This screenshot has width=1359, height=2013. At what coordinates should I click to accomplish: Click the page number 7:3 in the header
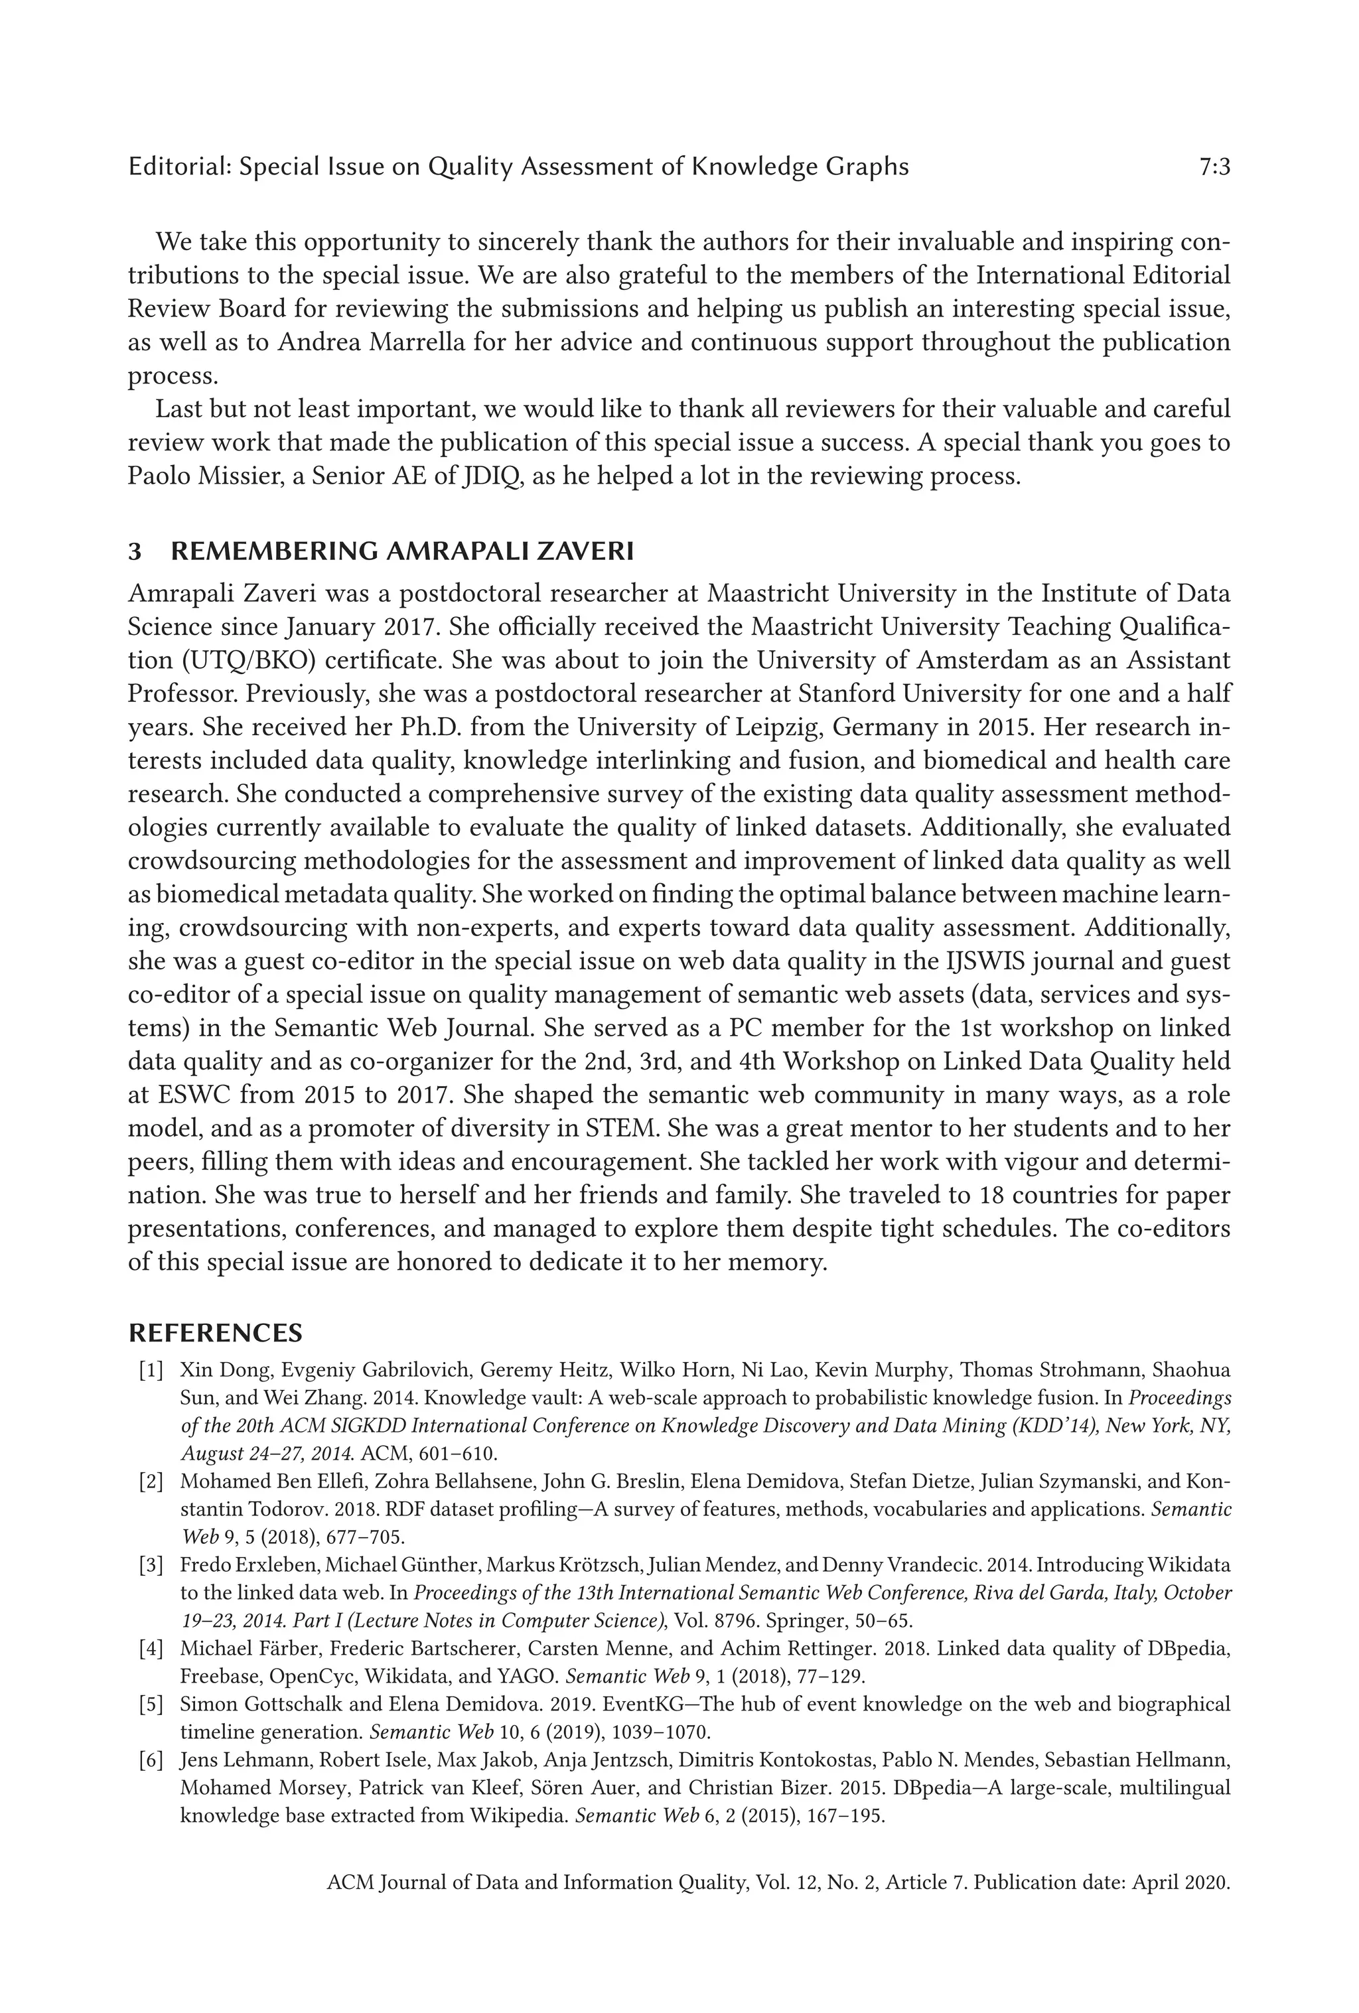1214,167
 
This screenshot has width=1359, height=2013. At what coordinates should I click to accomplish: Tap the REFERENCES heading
215,1332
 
